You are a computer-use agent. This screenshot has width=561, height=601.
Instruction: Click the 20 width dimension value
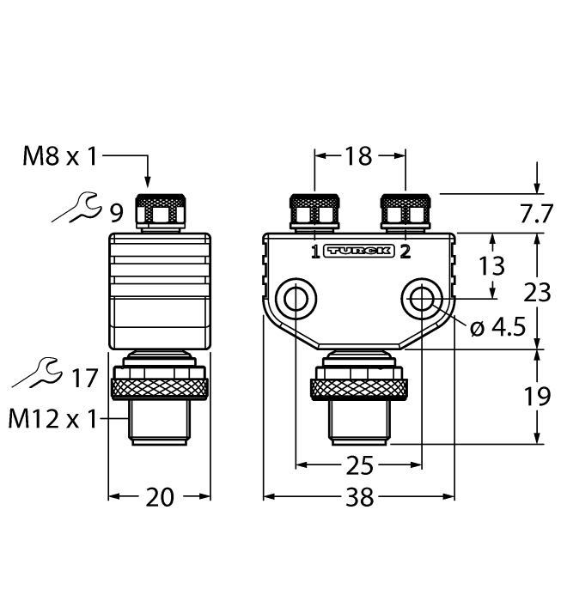[x=159, y=496]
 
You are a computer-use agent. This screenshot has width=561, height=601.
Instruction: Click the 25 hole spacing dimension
[x=358, y=466]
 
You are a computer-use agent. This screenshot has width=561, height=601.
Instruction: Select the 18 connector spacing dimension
[x=358, y=155]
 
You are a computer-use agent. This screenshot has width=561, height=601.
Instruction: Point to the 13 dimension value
[x=492, y=265]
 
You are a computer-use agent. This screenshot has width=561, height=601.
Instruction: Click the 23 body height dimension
[x=538, y=293]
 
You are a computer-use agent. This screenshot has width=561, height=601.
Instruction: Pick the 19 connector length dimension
[x=538, y=397]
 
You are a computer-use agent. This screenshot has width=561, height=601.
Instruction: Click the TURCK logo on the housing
[x=359, y=251]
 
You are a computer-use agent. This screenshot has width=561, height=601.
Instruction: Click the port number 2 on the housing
[x=405, y=252]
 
